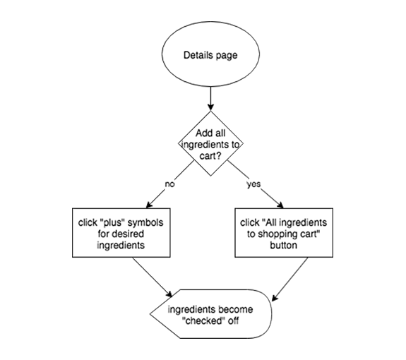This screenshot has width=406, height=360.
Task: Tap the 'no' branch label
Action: tap(170, 184)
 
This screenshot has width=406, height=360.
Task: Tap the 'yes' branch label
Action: tap(253, 184)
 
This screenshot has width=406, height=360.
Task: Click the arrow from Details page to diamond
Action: tap(210, 99)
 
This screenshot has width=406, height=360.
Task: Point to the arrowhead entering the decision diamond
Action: tap(210, 107)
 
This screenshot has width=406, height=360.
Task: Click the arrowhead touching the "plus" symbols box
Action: tap(149, 205)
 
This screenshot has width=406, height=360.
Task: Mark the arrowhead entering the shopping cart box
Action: tap(280, 205)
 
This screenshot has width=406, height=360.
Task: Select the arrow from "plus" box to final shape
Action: tap(153, 277)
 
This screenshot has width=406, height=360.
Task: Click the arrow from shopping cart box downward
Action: tap(290, 280)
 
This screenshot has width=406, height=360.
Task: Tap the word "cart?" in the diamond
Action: tap(210, 156)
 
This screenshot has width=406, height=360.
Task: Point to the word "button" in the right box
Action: tap(284, 245)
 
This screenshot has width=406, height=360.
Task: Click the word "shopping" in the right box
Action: tap(277, 234)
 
